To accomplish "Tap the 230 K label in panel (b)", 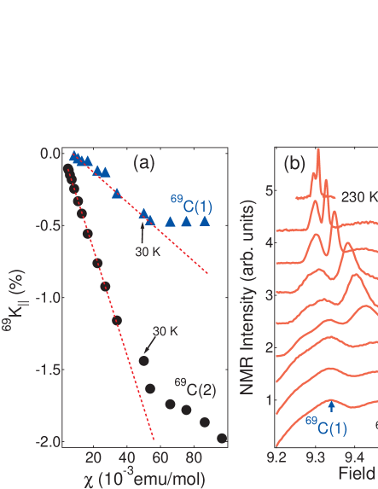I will [359, 197].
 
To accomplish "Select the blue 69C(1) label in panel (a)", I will [191, 203].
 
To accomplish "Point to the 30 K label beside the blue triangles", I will [148, 252].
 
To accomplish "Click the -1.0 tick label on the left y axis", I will [44, 298].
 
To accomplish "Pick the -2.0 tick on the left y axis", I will [44, 442].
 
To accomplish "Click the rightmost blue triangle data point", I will [205, 221].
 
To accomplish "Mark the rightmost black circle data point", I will [222, 438].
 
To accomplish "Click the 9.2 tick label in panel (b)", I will [276, 457].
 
